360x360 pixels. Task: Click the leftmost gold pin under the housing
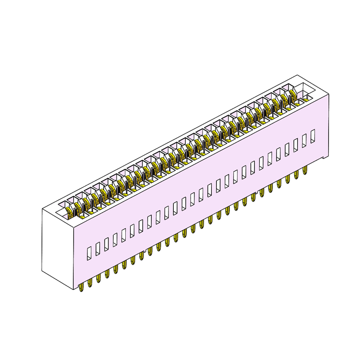coord(81,287)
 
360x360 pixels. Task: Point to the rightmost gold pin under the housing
coord(305,169)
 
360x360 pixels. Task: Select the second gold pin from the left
coord(90,283)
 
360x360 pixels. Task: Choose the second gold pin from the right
coord(296,174)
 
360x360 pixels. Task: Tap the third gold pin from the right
coord(288,179)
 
